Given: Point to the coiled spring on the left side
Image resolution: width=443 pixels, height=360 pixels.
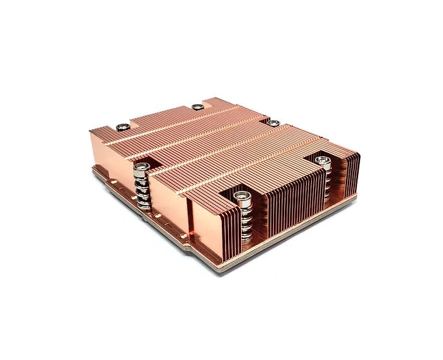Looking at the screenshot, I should click(143, 190).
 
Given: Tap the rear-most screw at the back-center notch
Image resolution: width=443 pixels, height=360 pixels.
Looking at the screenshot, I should click(197, 107).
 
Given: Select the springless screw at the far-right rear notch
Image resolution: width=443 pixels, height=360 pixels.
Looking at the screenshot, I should click(273, 123).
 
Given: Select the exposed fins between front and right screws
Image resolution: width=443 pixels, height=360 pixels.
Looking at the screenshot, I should click(289, 196).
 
